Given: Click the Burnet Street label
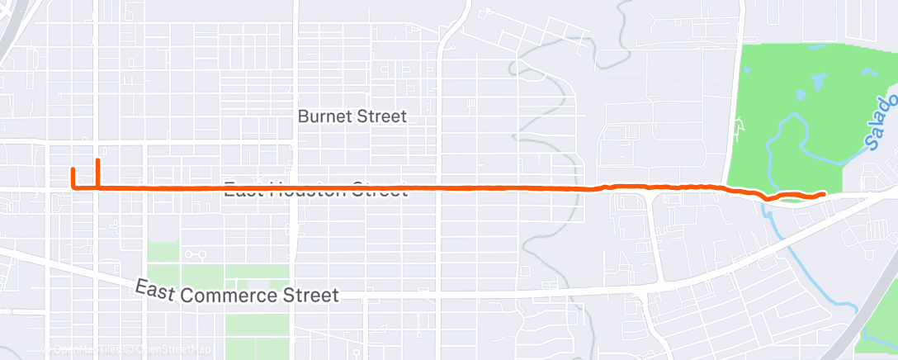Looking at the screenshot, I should point(352,116).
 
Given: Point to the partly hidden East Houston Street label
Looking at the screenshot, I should point(316,189).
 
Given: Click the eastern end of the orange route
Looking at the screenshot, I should point(824,193).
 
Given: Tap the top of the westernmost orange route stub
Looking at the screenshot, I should point(73,169).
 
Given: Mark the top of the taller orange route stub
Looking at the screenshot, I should point(98,159).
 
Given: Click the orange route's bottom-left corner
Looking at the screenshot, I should point(74,187).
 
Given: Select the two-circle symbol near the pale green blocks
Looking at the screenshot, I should point(195,255).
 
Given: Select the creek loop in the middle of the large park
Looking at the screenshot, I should point(788,132).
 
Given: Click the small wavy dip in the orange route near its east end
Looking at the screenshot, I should point(772,198).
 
